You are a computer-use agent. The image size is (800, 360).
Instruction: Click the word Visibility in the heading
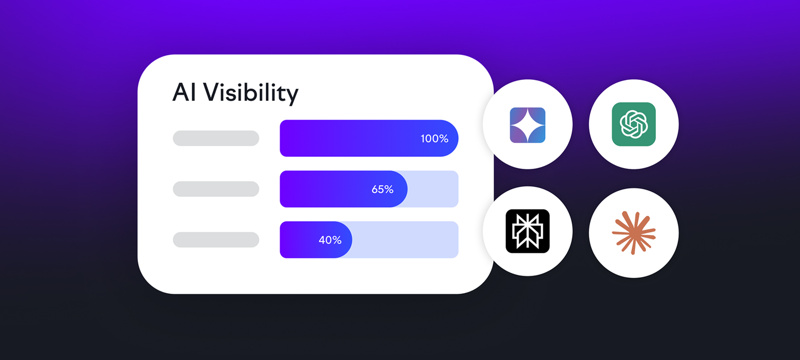coord(251,94)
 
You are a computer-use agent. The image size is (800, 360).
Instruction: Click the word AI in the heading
coord(184,93)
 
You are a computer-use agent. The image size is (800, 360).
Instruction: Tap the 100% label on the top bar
coord(435,139)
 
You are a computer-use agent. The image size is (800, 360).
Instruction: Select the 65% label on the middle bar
coord(382,189)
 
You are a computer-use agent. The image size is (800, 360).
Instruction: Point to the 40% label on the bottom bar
coord(330,240)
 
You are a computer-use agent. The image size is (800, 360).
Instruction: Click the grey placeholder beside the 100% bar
coord(216,138)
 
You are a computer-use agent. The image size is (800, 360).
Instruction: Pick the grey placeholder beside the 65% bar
coord(216,189)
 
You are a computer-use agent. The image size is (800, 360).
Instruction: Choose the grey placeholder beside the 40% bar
coord(216,239)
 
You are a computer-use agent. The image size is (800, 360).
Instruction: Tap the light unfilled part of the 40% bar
coord(405,239)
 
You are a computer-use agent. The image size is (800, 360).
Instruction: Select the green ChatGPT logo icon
coord(633,124)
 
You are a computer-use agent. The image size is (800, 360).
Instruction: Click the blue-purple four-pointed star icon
coord(528,125)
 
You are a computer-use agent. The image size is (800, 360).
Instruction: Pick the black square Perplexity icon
coord(528,231)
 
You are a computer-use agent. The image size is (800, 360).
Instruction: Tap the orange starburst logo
coord(633,233)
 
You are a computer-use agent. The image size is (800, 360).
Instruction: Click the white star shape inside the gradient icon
coord(528,125)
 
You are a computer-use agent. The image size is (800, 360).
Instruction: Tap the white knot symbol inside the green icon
coord(633,124)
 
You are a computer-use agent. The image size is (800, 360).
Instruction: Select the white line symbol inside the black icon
coord(528,231)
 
